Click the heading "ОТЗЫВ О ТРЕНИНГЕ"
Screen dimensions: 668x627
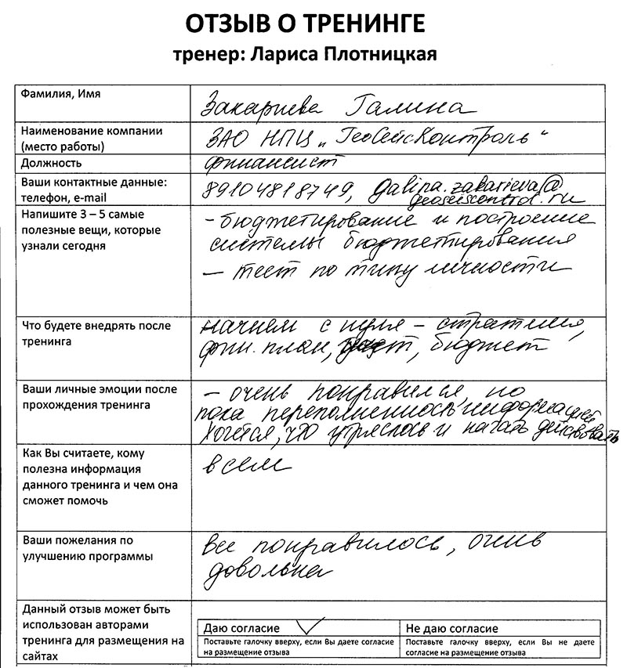(306, 23)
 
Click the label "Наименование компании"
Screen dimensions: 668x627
(92, 131)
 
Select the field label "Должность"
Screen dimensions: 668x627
(52, 164)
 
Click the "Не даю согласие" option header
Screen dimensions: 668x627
(451, 629)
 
